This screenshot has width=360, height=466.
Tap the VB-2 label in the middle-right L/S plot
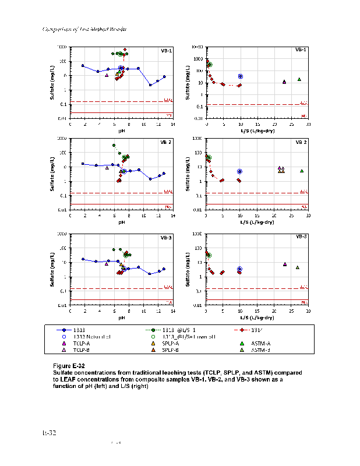pyautogui.click(x=301, y=142)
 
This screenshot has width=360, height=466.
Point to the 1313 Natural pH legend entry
pyautogui.click(x=92, y=337)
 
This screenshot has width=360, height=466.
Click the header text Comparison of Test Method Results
pyautogui.click(x=86, y=29)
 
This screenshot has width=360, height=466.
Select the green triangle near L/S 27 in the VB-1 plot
pyautogui.click(x=299, y=79)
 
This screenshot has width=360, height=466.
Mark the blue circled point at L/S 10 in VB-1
pyautogui.click(x=240, y=76)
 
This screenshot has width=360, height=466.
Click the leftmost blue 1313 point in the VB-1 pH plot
pyautogui.click(x=83, y=66)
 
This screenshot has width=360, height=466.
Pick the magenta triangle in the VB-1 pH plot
pyautogui.click(x=107, y=75)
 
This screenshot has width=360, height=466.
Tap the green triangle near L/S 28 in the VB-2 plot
pyautogui.click(x=302, y=171)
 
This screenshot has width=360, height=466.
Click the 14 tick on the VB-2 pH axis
pyautogui.click(x=172, y=216)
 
